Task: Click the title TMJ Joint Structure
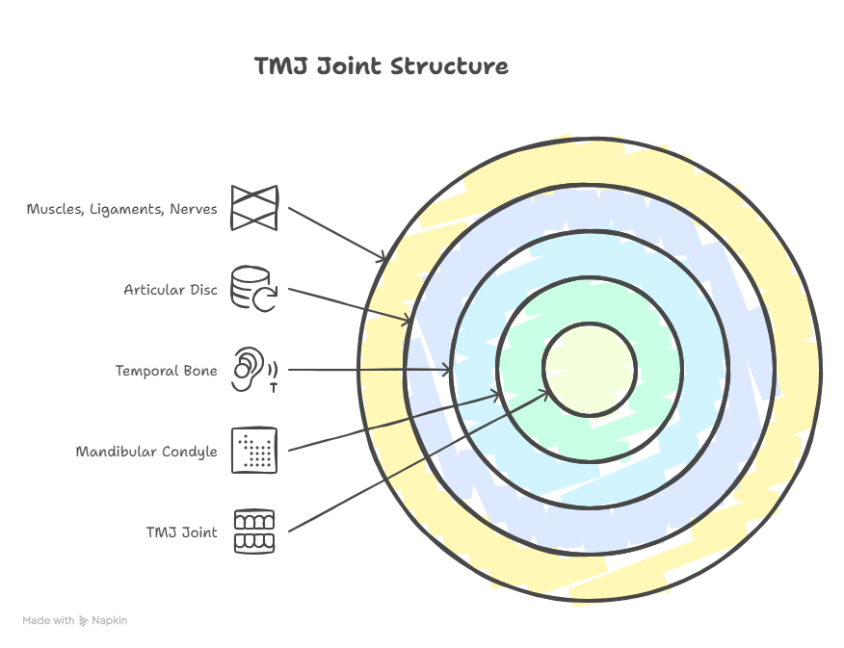pyautogui.click(x=382, y=66)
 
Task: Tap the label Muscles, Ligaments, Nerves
pyautogui.click(x=122, y=209)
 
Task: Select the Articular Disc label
pyautogui.click(x=171, y=290)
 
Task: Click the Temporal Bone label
pyautogui.click(x=167, y=371)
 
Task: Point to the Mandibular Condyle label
pyautogui.click(x=146, y=452)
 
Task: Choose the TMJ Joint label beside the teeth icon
pyautogui.click(x=181, y=532)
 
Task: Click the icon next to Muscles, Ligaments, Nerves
pyautogui.click(x=254, y=208)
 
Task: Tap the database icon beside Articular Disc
pyautogui.click(x=254, y=289)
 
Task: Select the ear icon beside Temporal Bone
pyautogui.click(x=253, y=370)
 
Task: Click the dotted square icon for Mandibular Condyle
pyautogui.click(x=254, y=451)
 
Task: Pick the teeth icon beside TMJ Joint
pyautogui.click(x=254, y=531)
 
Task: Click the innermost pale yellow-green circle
pyautogui.click(x=589, y=369)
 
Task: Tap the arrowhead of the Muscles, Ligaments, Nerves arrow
pyautogui.click(x=384, y=258)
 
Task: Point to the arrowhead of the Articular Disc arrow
pyautogui.click(x=409, y=320)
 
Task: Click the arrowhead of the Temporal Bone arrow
pyautogui.click(x=448, y=371)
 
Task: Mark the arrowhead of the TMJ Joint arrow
pyautogui.click(x=545, y=391)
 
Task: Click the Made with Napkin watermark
pyautogui.click(x=75, y=621)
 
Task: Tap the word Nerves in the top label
pyautogui.click(x=193, y=209)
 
